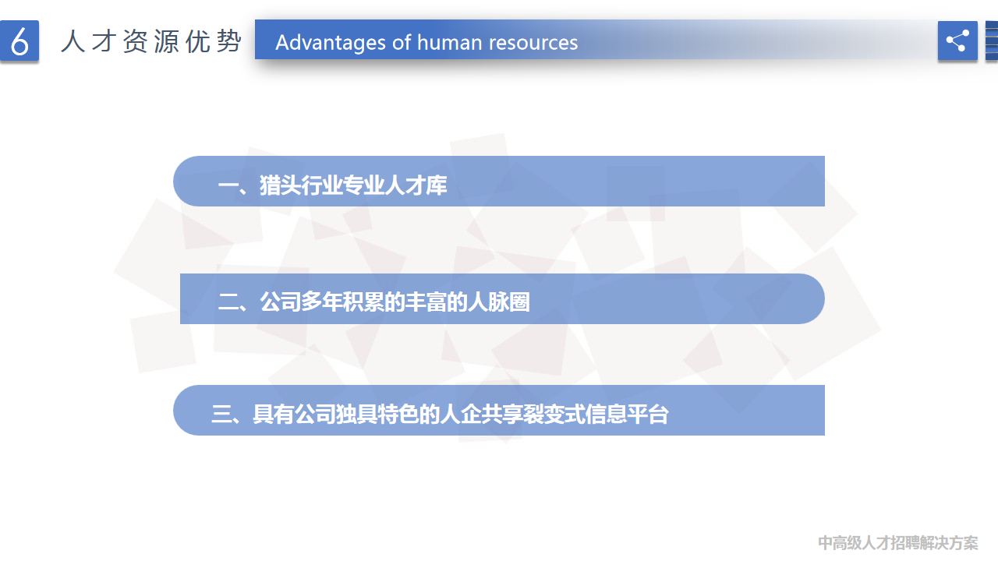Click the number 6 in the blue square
tap(19, 41)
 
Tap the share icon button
tap(957, 41)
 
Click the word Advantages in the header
tap(331, 43)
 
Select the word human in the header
tap(450, 43)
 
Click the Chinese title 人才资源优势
tap(151, 41)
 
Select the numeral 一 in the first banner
tap(228, 185)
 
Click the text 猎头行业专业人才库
tap(353, 185)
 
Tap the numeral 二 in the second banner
tap(228, 302)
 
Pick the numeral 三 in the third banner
tap(221, 414)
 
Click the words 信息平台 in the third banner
tap(627, 414)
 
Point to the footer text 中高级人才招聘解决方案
tap(897, 543)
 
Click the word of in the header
tap(402, 43)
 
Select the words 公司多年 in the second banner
tap(301, 302)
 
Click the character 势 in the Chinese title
tap(229, 41)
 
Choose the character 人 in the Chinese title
tap(73, 41)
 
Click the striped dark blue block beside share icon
tap(992, 41)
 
